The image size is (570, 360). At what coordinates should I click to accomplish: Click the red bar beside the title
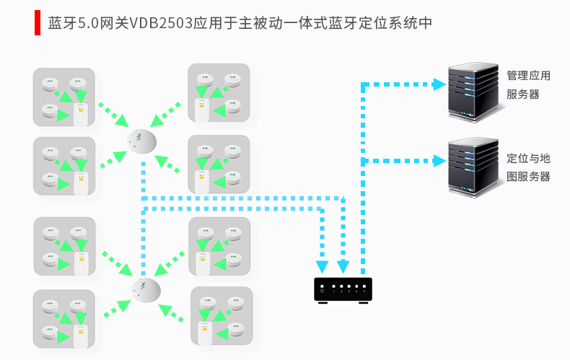(37, 23)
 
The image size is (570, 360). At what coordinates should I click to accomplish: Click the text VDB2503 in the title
(161, 23)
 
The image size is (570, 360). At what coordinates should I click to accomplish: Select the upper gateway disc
(141, 141)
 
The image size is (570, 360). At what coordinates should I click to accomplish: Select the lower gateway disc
(146, 290)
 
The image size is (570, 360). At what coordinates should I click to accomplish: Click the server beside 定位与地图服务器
(473, 167)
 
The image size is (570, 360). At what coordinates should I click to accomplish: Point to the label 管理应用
(528, 76)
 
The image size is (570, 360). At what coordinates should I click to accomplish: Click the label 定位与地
(528, 158)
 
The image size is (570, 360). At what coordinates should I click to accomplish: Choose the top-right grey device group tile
(219, 93)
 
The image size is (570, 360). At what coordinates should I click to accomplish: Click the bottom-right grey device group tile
(222, 316)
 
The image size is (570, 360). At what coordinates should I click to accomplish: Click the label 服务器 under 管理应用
(523, 95)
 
